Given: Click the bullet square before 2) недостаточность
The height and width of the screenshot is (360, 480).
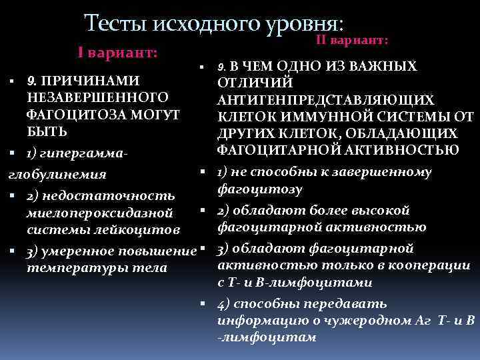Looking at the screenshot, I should click(x=11, y=197).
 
